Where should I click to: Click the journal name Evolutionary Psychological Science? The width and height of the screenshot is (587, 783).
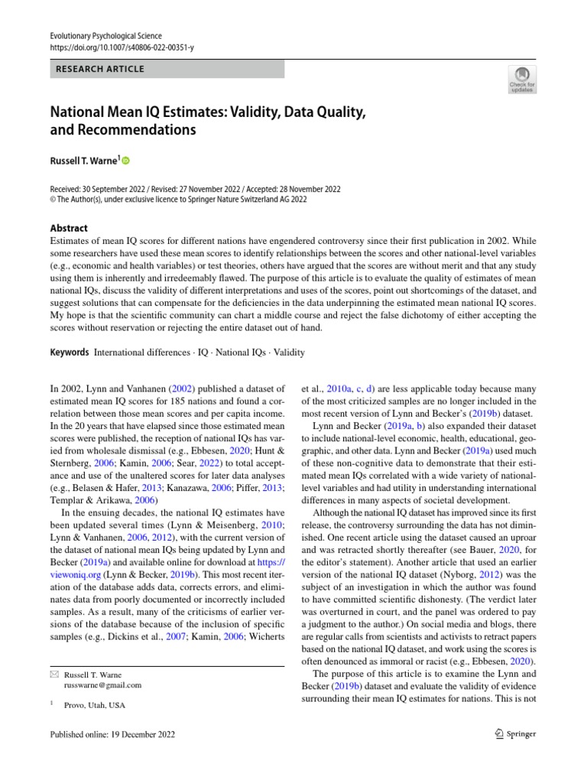[105, 36]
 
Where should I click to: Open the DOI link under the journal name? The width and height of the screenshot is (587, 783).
[122, 47]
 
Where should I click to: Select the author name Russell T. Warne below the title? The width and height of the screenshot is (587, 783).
[83, 161]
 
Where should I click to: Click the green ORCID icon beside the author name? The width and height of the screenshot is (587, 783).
[126, 161]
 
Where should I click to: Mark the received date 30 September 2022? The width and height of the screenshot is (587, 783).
[122, 190]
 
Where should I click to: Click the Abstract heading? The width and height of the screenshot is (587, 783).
[69, 228]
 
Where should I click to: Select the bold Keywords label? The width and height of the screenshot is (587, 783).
[69, 353]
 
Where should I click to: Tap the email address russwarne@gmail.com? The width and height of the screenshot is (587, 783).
[103, 685]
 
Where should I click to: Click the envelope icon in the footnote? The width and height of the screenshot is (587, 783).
[54, 674]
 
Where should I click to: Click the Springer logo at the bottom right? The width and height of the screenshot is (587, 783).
[516, 734]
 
